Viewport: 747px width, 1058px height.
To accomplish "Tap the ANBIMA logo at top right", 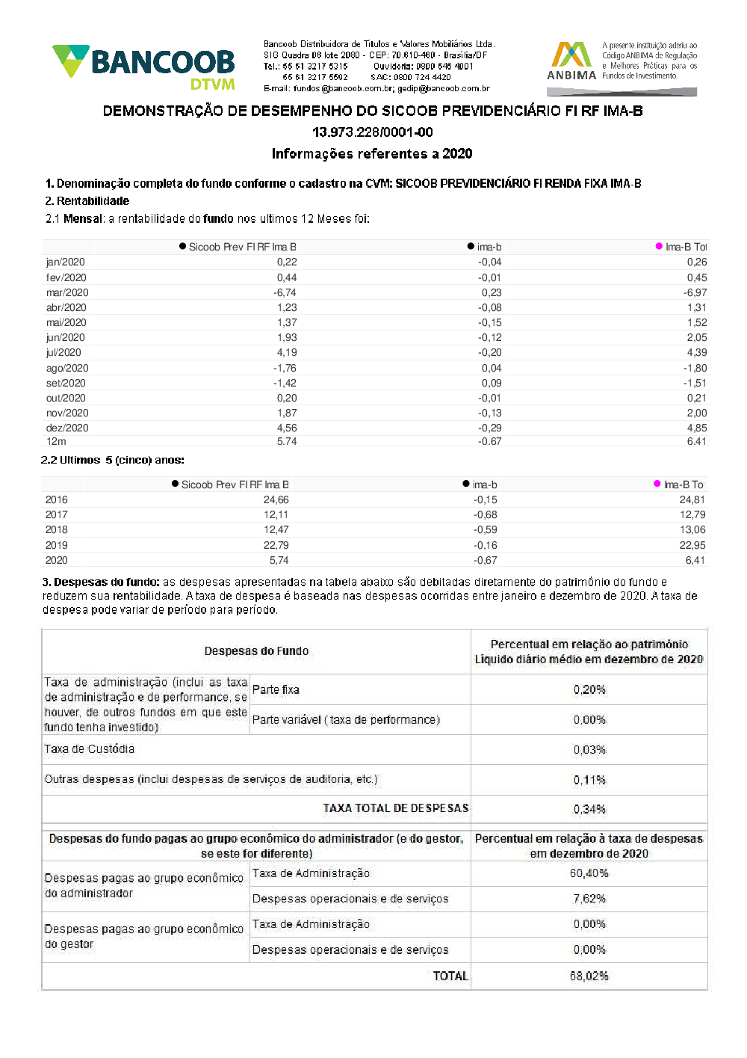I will point(571,61).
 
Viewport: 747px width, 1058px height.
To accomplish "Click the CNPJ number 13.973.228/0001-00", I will point(372,132).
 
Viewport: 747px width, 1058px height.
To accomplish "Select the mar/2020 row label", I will point(67,292).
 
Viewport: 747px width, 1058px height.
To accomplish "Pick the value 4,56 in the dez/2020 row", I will point(287,428).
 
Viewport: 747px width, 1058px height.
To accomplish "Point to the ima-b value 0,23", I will point(492,292).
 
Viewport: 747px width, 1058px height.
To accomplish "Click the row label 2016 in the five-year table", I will point(56,499).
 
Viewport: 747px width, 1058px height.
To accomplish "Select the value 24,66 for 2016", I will point(276,499).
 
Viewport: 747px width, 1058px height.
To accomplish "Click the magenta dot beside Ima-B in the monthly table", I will point(659,246).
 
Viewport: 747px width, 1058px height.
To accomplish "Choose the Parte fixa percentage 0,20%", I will point(589,689).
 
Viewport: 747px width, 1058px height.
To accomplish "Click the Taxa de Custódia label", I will point(90,749).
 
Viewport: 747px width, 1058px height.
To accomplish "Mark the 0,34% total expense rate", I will point(589,809).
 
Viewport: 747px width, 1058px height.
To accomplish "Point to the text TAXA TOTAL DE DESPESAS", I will point(395,808).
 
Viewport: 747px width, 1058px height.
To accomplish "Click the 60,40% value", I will point(589,873).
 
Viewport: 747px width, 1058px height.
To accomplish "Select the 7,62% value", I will point(589,899).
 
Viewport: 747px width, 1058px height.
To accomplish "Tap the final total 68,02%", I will point(589,976).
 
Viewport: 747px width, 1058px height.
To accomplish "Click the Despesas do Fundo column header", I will point(256,651).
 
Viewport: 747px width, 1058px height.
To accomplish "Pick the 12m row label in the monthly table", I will point(56,441).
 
